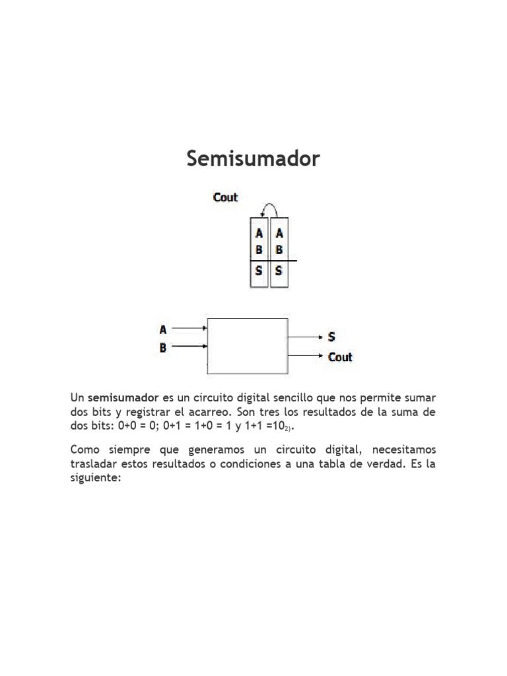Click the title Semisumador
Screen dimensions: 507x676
(x=253, y=159)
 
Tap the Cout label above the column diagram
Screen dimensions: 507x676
(x=225, y=197)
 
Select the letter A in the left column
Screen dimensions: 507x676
(x=259, y=233)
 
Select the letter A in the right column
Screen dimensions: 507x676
(x=279, y=233)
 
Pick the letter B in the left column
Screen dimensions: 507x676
(x=259, y=250)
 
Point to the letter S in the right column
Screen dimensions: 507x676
(x=279, y=270)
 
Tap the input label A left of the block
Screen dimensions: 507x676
(x=163, y=329)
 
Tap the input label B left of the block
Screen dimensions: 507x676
(x=163, y=347)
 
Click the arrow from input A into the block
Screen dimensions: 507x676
(x=191, y=327)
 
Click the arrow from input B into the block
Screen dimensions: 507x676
(x=191, y=346)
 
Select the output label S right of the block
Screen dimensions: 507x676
(x=332, y=337)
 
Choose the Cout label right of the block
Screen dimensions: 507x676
(x=340, y=357)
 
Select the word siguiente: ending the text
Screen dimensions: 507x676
(x=96, y=479)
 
